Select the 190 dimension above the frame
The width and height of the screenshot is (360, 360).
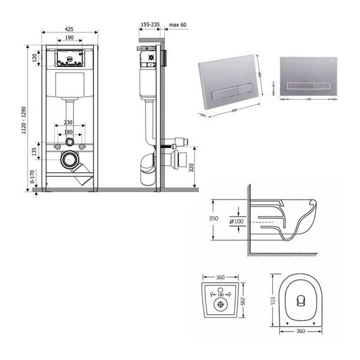(x=69, y=39)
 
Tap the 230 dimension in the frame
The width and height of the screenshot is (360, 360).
(x=69, y=123)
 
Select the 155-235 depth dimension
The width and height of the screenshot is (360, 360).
(x=150, y=24)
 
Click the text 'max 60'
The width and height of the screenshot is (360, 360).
(x=179, y=24)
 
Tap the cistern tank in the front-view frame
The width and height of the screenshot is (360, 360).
(x=69, y=87)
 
